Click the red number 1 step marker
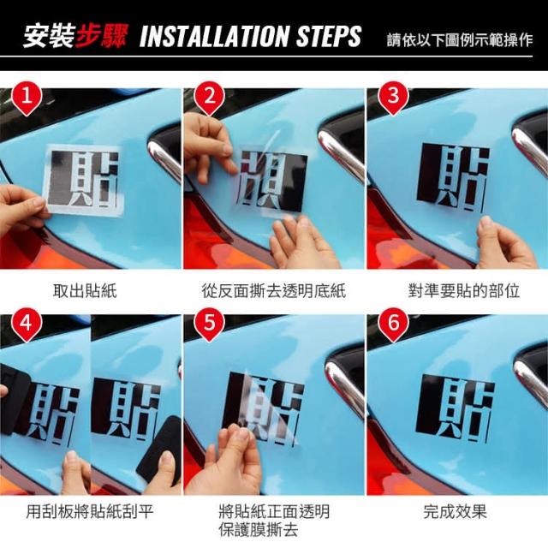click(27, 98)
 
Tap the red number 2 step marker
click(209, 98)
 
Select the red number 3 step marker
click(393, 98)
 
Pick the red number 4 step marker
click(27, 324)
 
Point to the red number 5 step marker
click(209, 324)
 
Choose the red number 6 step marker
click(393, 324)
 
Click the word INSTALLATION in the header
click(214, 36)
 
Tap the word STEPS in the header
click(329, 36)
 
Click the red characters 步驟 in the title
click(101, 36)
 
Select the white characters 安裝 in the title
click(50, 36)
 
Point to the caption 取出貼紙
click(85, 291)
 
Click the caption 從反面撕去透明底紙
click(274, 291)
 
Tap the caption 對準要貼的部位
click(464, 291)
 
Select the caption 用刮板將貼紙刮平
click(90, 511)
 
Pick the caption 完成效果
click(455, 511)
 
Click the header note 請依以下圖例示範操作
click(460, 40)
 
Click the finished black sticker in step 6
click(455, 408)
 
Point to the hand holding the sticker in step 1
click(21, 210)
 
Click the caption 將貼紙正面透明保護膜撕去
click(274, 521)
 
